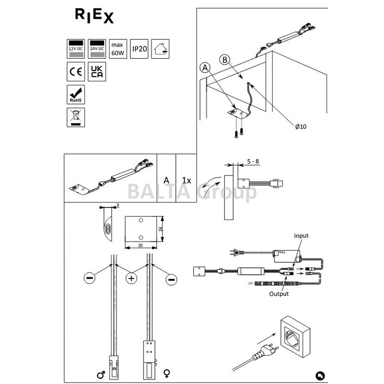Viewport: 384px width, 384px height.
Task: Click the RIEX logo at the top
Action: point(94,16)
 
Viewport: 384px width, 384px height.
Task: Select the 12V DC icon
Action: point(75,48)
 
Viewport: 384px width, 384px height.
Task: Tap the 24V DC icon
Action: point(97,48)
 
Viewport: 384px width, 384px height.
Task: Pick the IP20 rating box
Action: point(139,48)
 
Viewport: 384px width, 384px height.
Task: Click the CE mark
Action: point(75,72)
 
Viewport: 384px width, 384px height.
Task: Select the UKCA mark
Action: point(97,72)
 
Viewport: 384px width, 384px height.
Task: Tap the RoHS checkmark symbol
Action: point(75,94)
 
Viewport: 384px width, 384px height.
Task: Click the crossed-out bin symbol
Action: point(75,117)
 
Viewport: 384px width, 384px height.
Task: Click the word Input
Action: point(301,236)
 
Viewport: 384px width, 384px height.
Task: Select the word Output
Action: point(279,293)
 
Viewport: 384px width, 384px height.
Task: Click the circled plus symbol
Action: point(131,279)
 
